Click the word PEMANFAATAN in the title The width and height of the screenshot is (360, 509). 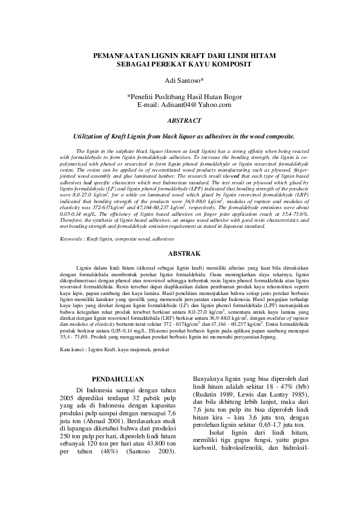116,54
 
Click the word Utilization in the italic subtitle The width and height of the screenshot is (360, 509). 88,137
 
